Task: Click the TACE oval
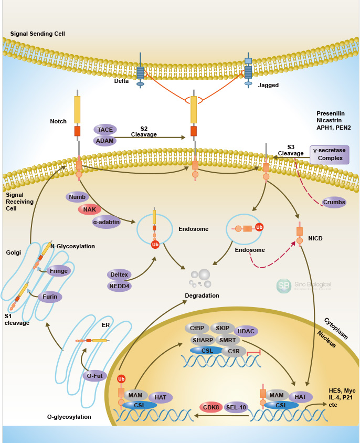pos(105,129)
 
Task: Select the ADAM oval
pos(105,140)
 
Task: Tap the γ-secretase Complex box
pos(330,155)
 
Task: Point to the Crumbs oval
pos(334,203)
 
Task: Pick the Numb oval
pos(77,197)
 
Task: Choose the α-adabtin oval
pos(107,222)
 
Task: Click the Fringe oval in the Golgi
pos(59,271)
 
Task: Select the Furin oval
pos(50,297)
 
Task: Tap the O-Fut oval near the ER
pos(95,375)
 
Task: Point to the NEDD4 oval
pos(119,286)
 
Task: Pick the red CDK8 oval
pos(211,407)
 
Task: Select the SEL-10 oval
pos(236,407)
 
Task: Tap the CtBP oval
pos(197,328)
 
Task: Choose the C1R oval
pos(234,351)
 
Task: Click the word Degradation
pos(202,296)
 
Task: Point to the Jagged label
pos(269,85)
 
